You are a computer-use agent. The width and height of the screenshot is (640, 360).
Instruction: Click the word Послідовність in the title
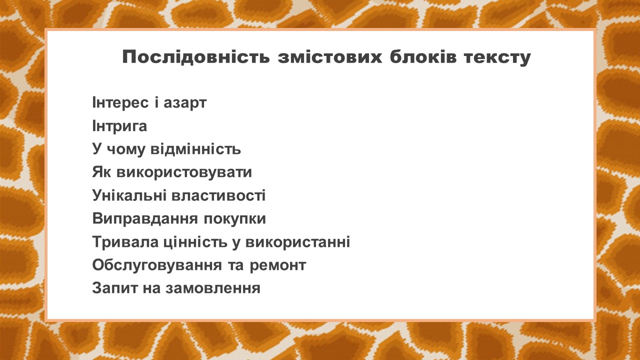196,57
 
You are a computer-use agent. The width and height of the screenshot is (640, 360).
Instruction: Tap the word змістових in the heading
330,57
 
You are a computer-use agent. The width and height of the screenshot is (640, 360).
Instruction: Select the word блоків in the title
423,57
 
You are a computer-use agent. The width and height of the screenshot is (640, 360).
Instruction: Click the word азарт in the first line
185,103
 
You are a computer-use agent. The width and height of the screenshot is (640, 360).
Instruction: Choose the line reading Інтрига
119,126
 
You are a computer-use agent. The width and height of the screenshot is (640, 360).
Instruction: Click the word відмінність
195,149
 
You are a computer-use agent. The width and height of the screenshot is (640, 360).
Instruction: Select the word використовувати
184,173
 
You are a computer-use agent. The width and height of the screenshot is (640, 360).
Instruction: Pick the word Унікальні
129,195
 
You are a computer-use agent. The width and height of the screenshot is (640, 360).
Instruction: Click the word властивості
218,195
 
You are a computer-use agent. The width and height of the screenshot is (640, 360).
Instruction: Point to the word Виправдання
145,219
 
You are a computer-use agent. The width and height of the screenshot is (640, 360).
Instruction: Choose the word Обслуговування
157,265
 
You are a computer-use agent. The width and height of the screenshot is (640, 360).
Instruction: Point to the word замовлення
213,288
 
